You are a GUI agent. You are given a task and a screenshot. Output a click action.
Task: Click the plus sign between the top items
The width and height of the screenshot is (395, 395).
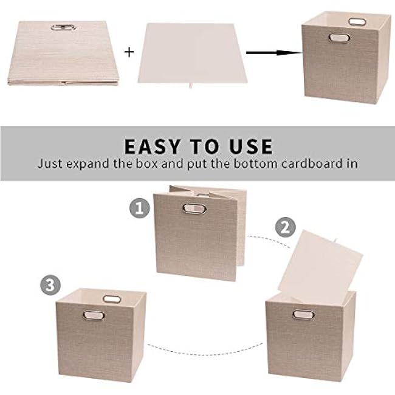click(129, 52)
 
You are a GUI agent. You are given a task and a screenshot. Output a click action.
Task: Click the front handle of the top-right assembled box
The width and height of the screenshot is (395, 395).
click(337, 38)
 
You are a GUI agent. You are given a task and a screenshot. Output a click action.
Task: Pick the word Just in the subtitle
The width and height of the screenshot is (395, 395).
click(49, 163)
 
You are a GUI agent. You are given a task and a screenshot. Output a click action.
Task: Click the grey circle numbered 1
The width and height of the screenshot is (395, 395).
click(140, 209)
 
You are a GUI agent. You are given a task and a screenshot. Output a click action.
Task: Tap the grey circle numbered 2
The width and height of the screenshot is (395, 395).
click(283, 228)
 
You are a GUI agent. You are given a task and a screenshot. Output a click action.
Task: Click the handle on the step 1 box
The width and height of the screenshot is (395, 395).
click(190, 208)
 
